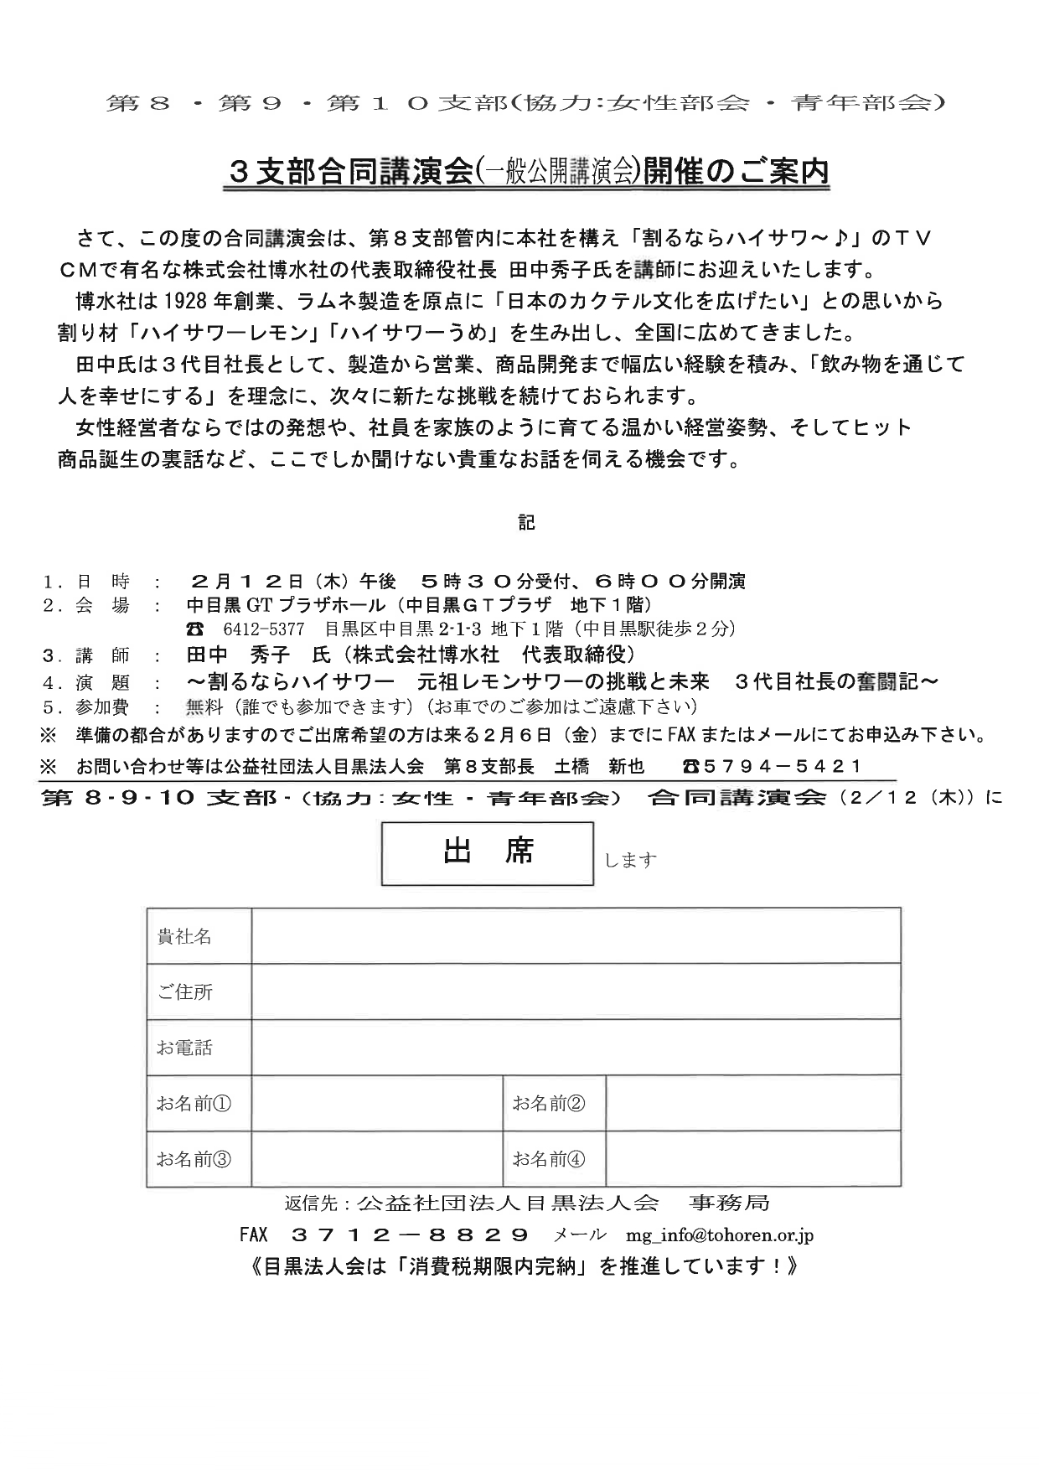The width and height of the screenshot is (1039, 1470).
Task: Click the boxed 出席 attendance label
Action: tap(488, 853)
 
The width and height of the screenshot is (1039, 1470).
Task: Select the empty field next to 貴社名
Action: tap(576, 935)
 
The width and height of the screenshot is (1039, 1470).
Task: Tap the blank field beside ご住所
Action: tap(576, 991)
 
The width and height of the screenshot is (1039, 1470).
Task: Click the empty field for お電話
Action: tap(576, 1047)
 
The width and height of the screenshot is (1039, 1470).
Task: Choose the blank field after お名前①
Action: tap(376, 1103)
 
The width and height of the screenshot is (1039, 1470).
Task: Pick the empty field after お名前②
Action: tap(752, 1103)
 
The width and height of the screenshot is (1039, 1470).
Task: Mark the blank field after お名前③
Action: tap(376, 1159)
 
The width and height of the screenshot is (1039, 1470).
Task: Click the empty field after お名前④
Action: tap(752, 1159)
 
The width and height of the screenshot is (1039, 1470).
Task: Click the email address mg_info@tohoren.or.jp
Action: tap(719, 1234)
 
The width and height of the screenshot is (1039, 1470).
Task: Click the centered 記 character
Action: tap(526, 522)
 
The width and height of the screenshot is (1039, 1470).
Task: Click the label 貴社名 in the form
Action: tap(184, 936)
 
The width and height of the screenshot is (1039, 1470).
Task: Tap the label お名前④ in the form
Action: tap(549, 1159)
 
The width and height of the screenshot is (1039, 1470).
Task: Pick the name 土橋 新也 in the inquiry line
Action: tap(600, 766)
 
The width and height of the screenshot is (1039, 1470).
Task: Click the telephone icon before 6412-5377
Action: tap(194, 629)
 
